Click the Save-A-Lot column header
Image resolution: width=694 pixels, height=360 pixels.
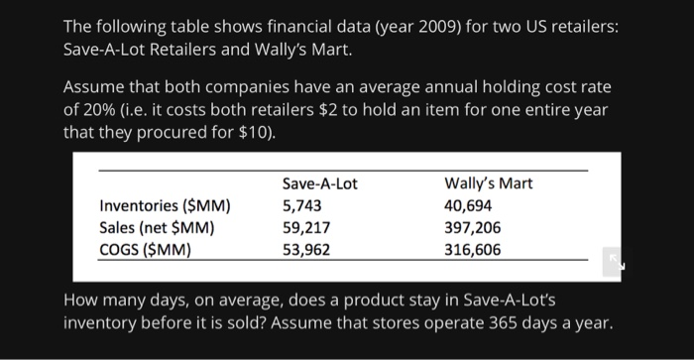[x=319, y=183]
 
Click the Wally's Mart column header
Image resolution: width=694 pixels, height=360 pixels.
[x=490, y=183]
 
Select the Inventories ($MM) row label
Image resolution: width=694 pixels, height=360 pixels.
[x=166, y=206]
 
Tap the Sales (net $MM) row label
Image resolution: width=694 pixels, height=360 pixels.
[x=159, y=228]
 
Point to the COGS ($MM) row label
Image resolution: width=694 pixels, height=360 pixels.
[x=146, y=249]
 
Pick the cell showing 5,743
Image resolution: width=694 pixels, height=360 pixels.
[x=302, y=206]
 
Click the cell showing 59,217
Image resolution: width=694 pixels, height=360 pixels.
[x=306, y=228]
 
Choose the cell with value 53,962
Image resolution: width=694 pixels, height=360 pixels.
[x=306, y=249]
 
